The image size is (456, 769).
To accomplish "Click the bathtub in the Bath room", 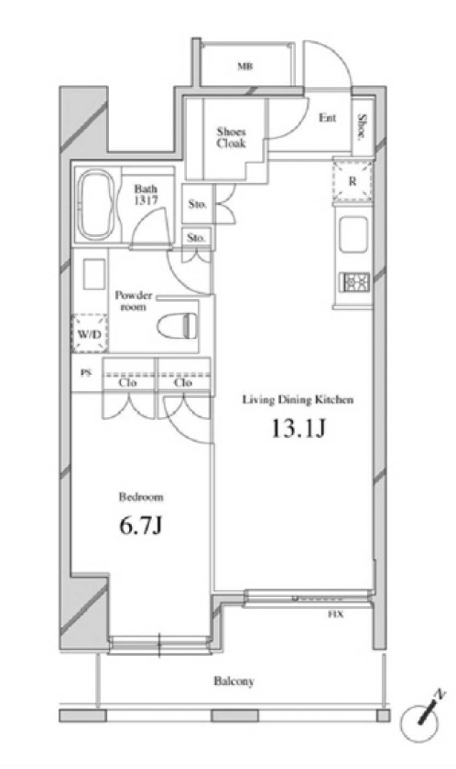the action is tap(97, 205).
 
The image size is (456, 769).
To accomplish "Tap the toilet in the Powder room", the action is tap(178, 325).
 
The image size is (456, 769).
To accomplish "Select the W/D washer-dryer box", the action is tap(90, 334).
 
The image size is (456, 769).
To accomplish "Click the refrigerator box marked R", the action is tap(353, 180).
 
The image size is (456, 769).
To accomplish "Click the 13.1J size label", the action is tap(299, 429).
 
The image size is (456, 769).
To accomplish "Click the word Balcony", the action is tap(233, 681).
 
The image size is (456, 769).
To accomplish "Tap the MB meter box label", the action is tap(245, 66).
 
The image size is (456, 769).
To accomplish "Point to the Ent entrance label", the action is tap(327, 118).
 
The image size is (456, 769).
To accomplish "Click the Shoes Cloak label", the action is tap(231, 137).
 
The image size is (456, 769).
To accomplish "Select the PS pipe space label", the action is tap(86, 373).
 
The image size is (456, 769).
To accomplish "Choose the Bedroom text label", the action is tap(140, 497).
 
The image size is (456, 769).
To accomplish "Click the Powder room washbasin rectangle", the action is tap(93, 274).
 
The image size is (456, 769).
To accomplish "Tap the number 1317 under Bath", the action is tap(146, 200).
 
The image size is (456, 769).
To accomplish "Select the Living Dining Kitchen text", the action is tap(298, 401).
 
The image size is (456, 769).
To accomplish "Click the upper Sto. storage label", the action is tap(197, 204).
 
